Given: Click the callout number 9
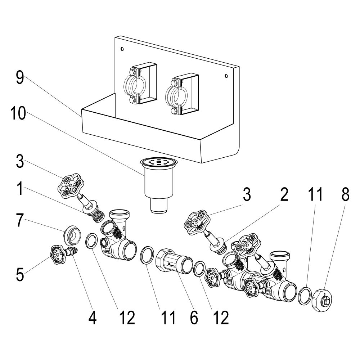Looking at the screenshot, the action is coord(20,78).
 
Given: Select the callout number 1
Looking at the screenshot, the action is coord(20,188).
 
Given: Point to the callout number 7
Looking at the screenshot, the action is coord(20,220).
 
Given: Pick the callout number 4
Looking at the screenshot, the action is coord(92,318).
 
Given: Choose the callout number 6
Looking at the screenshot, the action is coord(194,318).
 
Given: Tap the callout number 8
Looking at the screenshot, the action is coord(345,194).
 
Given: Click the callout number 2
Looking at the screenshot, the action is coord(284,194).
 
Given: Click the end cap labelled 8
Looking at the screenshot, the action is coord(321,300).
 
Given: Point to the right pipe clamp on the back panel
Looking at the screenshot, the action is coord(181,95).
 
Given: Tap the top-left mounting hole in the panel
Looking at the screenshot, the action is coord(122,49).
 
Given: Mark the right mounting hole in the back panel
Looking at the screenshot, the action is coord(226,76).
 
